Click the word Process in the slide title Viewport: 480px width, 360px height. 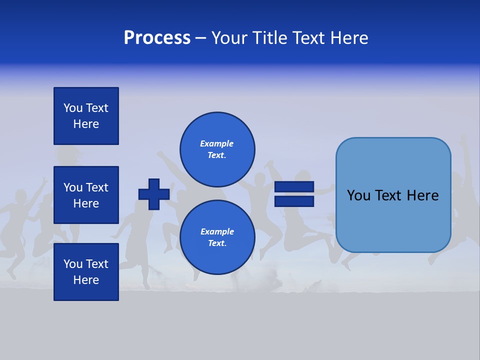157,38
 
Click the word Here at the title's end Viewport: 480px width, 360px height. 350,38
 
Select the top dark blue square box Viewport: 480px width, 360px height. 86,116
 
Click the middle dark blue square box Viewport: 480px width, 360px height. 86,195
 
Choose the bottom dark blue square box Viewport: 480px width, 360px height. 86,271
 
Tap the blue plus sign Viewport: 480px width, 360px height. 154,194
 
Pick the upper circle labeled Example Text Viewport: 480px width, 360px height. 217,149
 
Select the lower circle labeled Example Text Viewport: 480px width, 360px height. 217,237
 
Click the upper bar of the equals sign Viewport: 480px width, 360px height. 294,187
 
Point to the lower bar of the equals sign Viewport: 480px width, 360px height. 294,201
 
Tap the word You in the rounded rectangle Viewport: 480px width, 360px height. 359,195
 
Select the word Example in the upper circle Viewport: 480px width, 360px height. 217,143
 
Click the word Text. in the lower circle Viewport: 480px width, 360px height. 217,243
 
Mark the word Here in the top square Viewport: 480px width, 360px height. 86,124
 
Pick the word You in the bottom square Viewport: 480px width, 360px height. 73,264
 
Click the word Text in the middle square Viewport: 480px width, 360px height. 97,187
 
